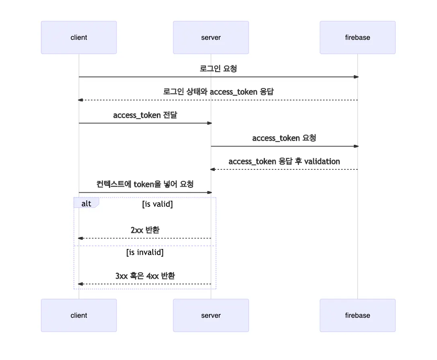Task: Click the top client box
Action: tap(79, 37)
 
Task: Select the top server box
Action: tap(211, 37)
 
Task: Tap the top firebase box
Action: tap(357, 37)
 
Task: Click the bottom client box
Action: tap(79, 315)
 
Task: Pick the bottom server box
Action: tap(211, 315)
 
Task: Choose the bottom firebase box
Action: tap(357, 315)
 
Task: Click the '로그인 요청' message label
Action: tap(218, 68)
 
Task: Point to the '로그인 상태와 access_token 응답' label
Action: tap(218, 92)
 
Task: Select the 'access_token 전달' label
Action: tap(145, 115)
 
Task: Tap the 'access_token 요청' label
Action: tap(284, 138)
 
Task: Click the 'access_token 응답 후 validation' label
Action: tap(284, 161)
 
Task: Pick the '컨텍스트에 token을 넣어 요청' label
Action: tap(145, 184)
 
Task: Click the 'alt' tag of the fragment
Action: tap(86, 204)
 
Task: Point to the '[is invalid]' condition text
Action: tap(145, 253)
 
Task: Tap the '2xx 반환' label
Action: tap(145, 230)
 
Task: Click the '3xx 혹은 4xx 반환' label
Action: tap(145, 276)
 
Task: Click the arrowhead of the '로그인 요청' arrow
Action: tap(356, 77)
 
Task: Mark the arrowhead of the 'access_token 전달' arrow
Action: tap(209, 123)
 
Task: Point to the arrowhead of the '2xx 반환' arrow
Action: tap(80, 238)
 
